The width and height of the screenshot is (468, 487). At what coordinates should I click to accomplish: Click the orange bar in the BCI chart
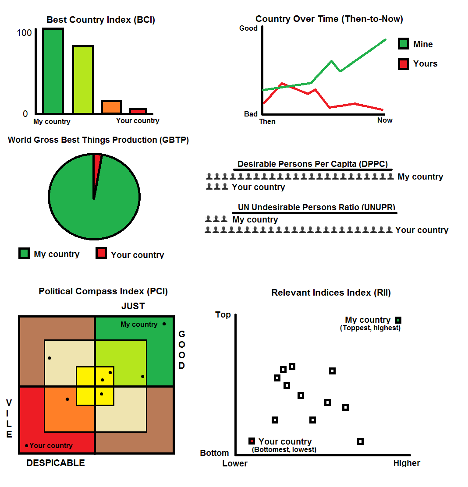111,107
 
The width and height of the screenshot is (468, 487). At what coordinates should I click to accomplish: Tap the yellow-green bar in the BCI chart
83,80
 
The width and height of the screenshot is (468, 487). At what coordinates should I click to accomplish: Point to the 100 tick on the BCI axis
24,33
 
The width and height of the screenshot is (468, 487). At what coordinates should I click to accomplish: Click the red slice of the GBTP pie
97,161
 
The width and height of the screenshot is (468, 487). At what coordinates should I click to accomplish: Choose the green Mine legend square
404,44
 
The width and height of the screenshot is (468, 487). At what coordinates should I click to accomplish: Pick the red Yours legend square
404,64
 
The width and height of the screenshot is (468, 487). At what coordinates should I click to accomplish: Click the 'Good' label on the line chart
248,28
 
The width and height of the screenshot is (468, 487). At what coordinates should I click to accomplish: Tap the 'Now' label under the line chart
385,120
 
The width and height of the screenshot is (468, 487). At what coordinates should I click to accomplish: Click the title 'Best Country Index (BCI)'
101,20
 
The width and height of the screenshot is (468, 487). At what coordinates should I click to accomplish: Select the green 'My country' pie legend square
24,254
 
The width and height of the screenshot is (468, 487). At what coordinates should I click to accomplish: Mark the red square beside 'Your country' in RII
252,441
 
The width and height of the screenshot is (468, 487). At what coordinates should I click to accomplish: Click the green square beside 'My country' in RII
398,320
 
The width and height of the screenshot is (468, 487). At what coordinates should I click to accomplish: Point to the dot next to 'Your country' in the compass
27,445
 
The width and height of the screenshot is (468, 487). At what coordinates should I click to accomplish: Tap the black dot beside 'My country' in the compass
164,324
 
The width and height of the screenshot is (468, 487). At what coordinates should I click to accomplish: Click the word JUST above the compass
133,306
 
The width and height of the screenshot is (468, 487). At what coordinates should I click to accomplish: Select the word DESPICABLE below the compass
56,463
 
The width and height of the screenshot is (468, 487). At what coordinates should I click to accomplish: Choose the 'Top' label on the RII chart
223,314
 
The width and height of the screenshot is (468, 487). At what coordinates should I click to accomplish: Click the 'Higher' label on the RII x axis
407,463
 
